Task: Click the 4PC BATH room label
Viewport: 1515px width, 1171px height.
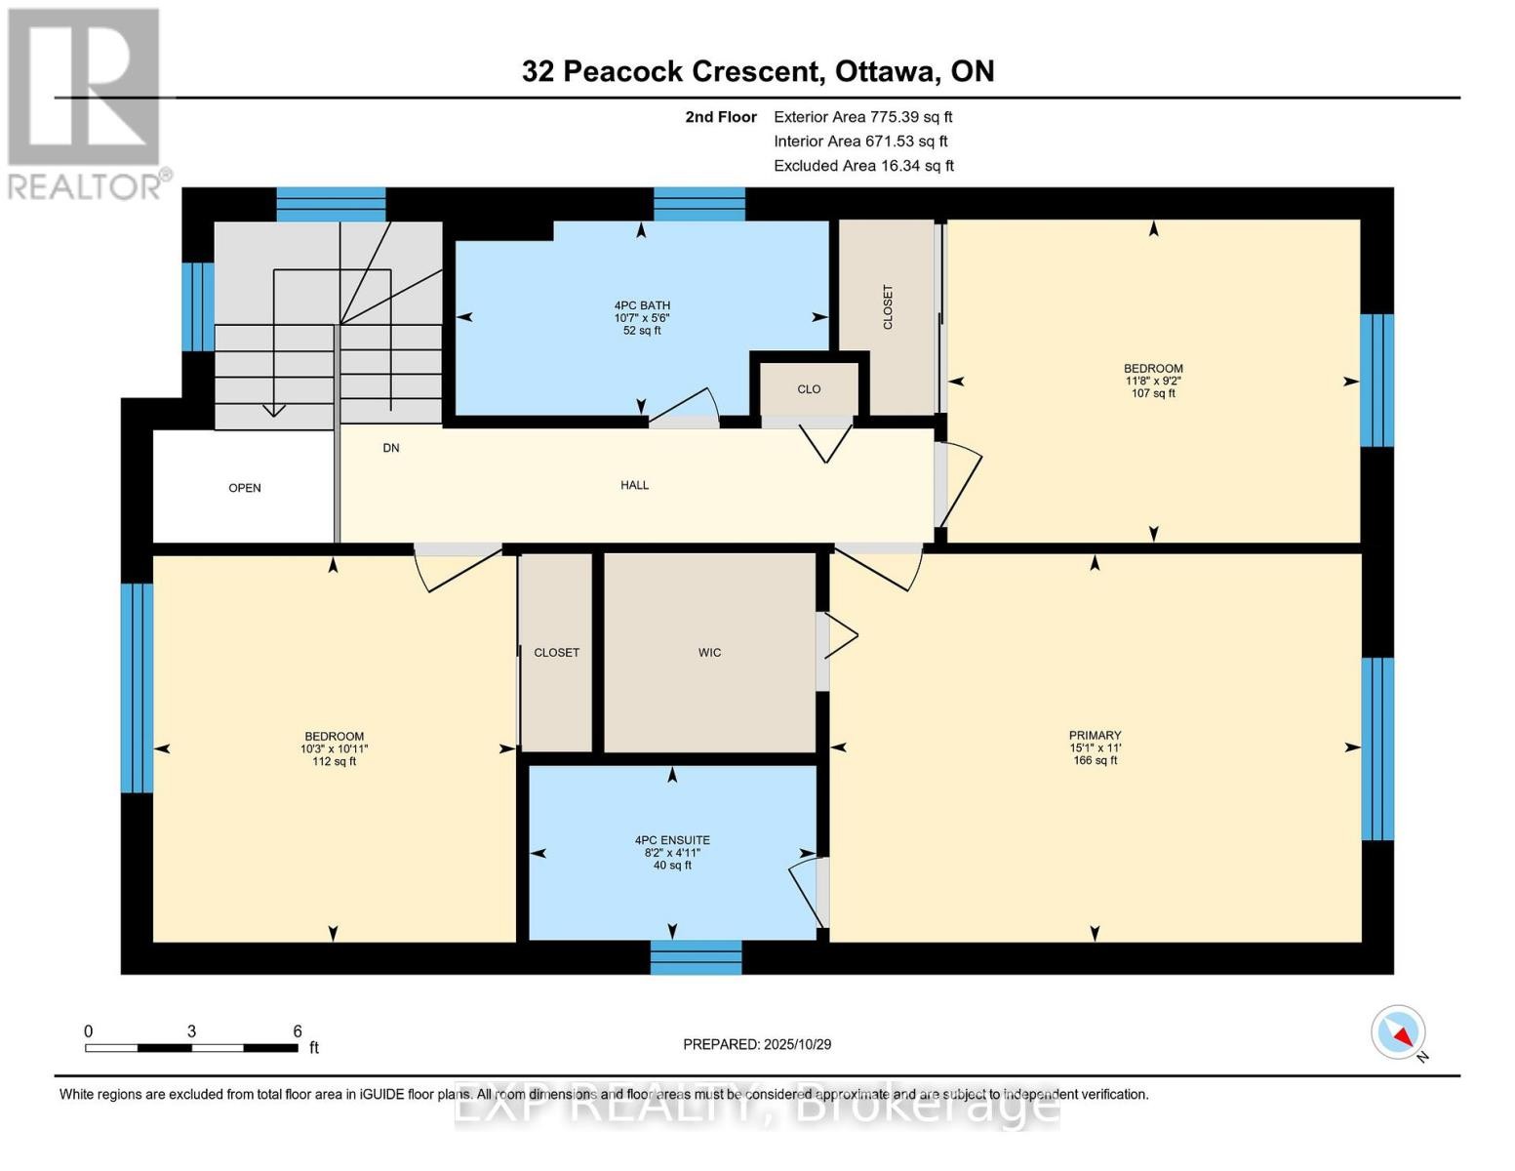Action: point(642,305)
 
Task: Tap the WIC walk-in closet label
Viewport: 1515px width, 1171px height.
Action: point(709,653)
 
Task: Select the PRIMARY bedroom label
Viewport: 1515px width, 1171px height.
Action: point(1095,736)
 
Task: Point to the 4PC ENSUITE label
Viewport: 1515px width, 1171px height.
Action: point(672,840)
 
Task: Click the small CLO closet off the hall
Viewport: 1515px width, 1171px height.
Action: point(809,389)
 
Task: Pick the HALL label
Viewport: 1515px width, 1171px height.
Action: point(634,485)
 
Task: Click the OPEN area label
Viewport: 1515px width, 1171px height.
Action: point(245,488)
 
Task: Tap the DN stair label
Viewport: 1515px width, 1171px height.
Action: point(391,448)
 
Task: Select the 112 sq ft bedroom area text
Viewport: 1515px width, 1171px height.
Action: point(334,761)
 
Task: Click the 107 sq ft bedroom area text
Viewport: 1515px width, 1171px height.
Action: point(1153,393)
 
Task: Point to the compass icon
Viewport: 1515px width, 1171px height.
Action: point(1399,1032)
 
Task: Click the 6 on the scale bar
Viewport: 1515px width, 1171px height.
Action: point(298,1031)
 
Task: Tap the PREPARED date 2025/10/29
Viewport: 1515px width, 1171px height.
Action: point(757,1044)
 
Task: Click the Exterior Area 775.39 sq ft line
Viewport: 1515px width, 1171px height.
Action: point(862,116)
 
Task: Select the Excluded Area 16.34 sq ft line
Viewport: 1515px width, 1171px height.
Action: point(863,166)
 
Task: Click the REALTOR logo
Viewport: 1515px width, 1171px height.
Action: point(86,102)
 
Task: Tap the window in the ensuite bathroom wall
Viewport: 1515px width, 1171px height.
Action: point(697,957)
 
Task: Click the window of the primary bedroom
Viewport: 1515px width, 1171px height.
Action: point(1376,748)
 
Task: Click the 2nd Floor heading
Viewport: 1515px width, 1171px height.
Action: point(721,117)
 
